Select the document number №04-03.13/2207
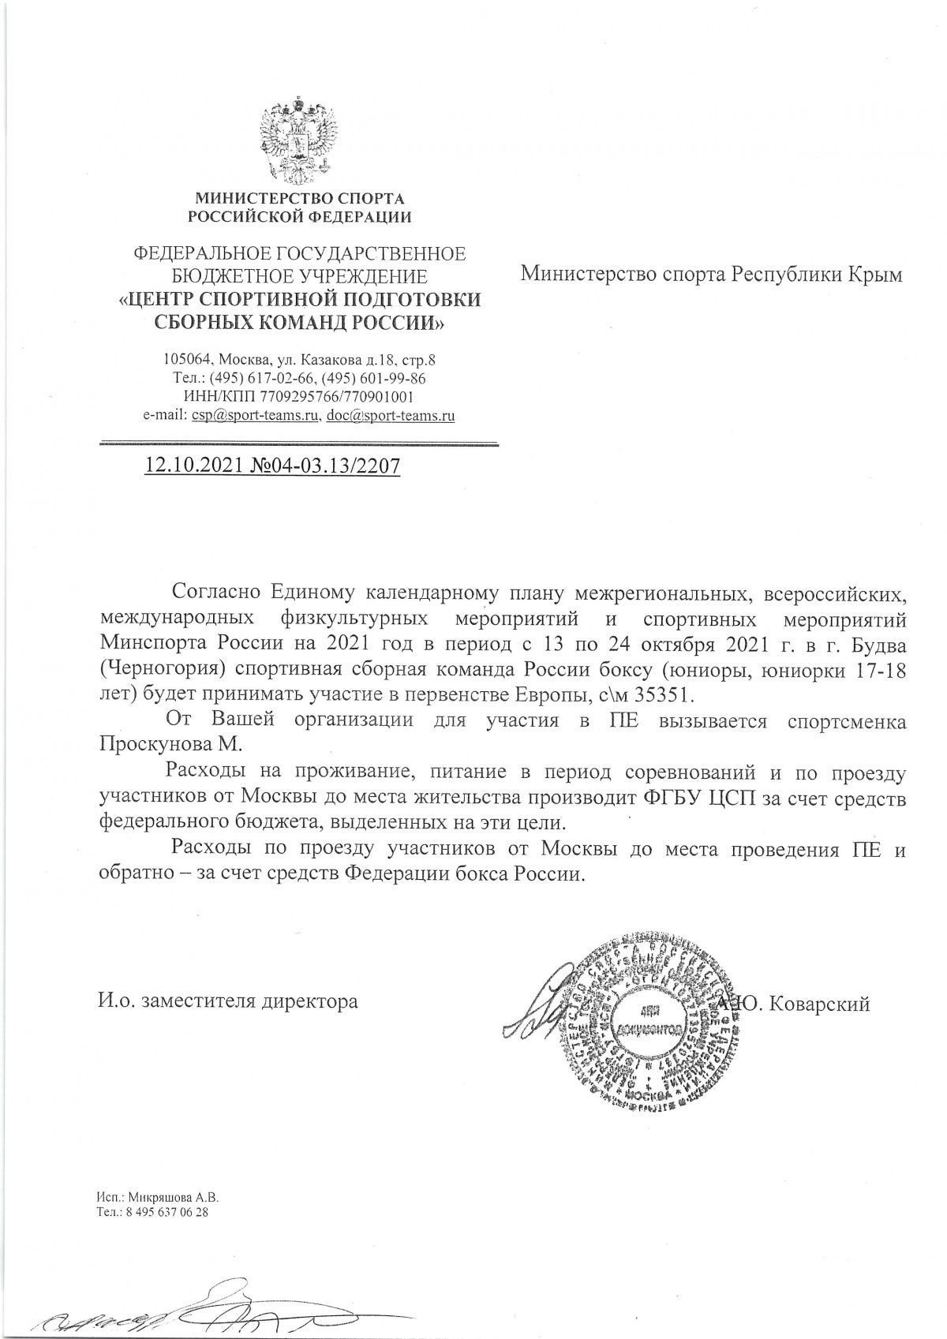pos(324,466)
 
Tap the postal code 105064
pos(184,360)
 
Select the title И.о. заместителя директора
pos(228,1002)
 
